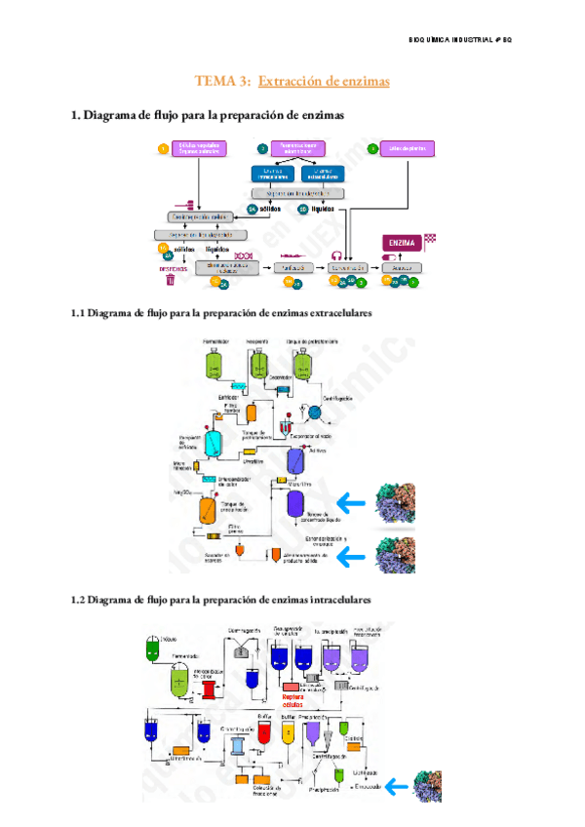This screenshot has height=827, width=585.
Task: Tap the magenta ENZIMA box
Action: click(x=400, y=243)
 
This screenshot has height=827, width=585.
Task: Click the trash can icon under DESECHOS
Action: click(x=170, y=280)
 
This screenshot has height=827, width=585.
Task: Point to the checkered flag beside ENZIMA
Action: click(x=430, y=238)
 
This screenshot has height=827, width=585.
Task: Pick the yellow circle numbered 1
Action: click(x=163, y=148)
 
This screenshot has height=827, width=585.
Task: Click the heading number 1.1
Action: click(x=80, y=314)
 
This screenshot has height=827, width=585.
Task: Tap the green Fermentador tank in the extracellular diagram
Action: click(x=215, y=364)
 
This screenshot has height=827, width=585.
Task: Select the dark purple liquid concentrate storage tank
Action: click(x=294, y=504)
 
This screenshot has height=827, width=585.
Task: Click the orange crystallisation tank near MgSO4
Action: click(x=209, y=509)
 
